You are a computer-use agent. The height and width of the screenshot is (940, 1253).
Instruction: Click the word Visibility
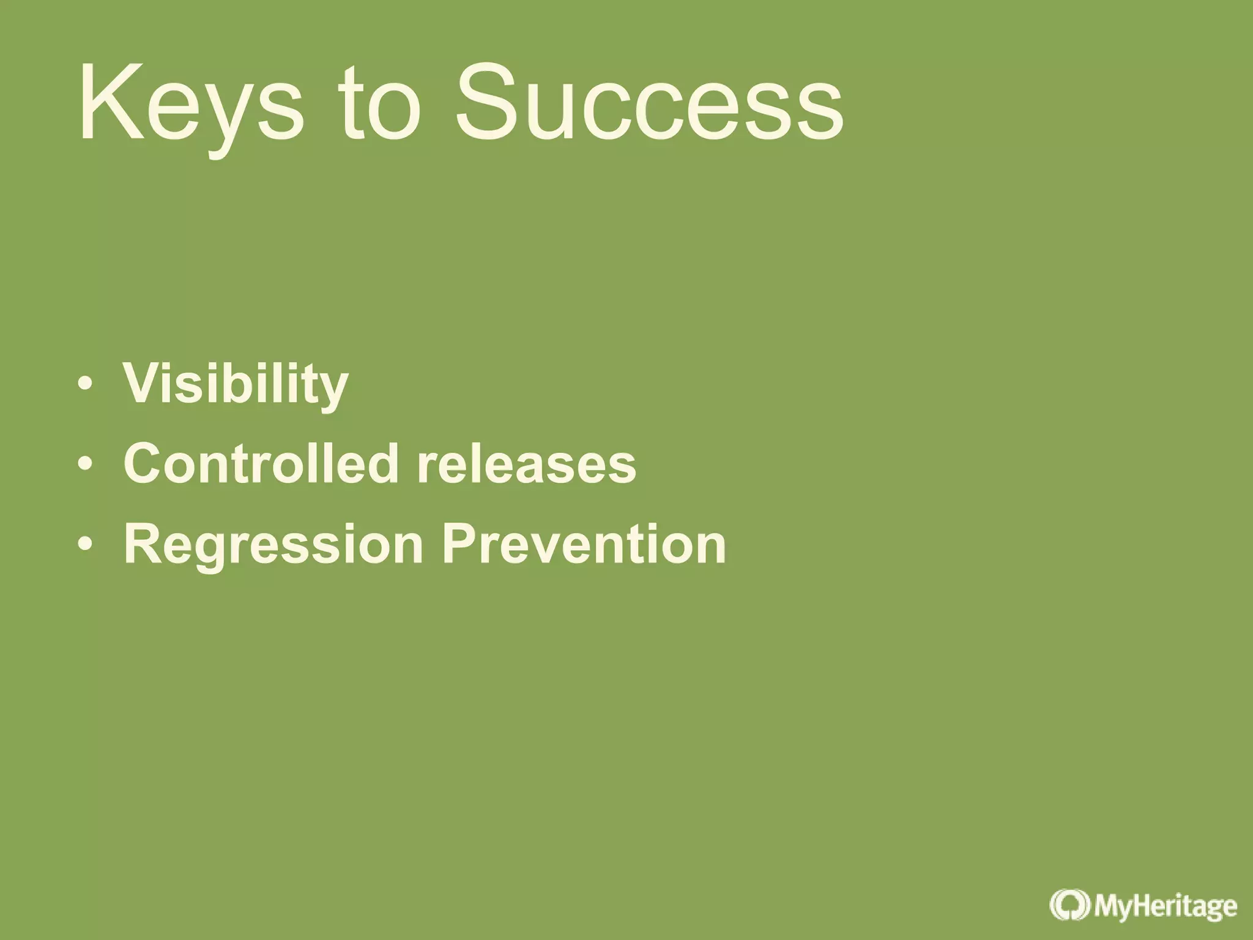236,384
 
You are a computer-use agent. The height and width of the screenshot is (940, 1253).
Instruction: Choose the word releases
526,463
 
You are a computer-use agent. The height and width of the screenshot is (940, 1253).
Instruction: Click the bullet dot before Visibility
86,384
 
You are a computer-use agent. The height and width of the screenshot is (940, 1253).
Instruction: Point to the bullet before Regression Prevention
86,544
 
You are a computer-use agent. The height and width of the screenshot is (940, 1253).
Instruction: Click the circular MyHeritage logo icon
1069,905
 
